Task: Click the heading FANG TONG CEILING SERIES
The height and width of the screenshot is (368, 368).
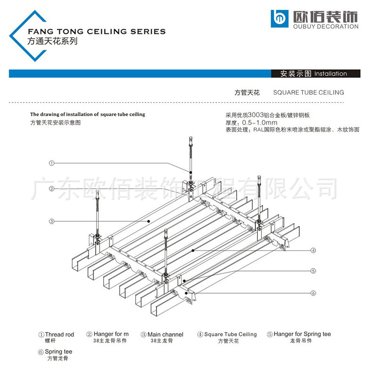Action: coord(97,32)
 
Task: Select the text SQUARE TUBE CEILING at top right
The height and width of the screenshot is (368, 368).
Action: coord(308,93)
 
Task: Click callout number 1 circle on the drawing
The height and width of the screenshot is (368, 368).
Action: coord(51,163)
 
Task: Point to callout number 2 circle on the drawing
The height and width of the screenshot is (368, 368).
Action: coord(51,189)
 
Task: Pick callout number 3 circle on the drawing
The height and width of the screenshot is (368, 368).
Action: coord(51,221)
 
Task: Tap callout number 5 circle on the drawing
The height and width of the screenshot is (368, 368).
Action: coord(312,271)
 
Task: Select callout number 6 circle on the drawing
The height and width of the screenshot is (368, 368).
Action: coord(312,293)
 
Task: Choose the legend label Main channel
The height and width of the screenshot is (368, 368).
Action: coord(165,335)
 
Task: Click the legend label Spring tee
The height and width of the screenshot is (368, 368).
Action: coord(58,352)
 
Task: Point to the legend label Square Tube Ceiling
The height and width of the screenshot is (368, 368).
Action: coord(230,335)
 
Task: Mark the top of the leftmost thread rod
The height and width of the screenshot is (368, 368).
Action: coord(97,192)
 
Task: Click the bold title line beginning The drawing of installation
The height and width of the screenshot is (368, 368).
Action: coord(88,114)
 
